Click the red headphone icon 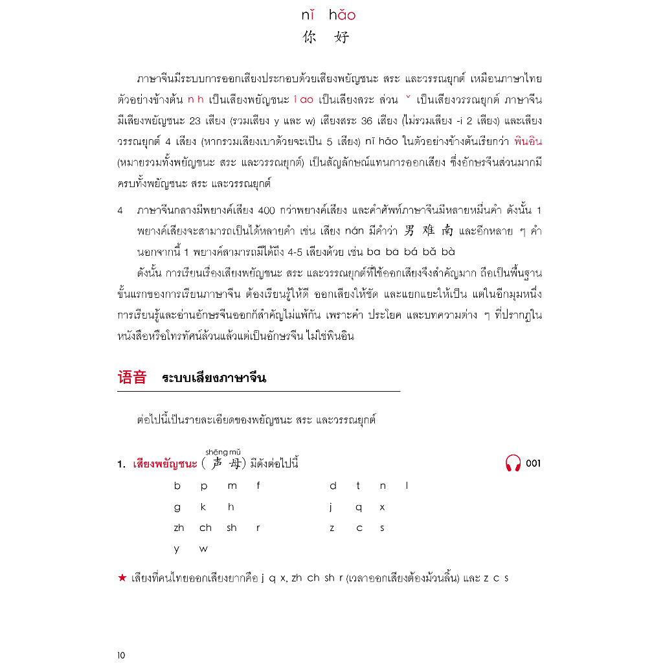pos(513,464)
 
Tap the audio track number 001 pos(534,464)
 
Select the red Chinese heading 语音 pos(132,378)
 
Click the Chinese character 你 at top pos(309,38)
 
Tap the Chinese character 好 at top pos(342,38)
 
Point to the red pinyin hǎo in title pos(342,16)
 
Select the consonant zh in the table pos(179,528)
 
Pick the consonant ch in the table pos(205,528)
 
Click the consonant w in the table pos(203,549)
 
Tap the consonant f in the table pos(258,486)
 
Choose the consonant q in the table pos(358,508)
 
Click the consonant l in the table pos(407,486)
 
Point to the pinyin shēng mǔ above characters pos(223,452)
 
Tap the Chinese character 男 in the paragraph pos(409,230)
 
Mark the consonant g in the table pos(177,508)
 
